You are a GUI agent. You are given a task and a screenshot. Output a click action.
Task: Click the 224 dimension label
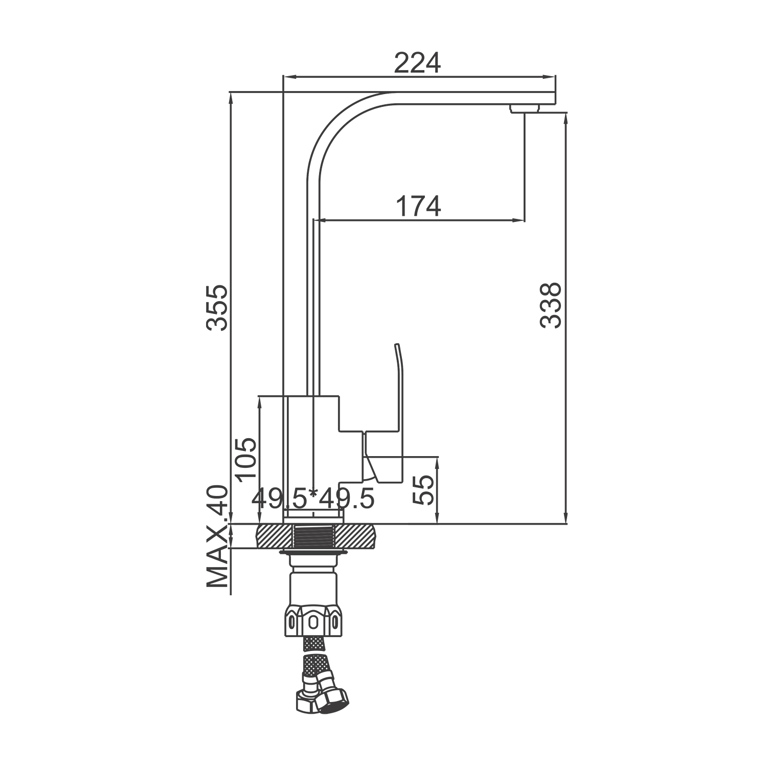[x=417, y=63]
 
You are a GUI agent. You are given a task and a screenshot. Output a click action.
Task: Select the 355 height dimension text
[x=216, y=308]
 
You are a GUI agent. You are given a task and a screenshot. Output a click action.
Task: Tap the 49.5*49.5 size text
[x=313, y=499]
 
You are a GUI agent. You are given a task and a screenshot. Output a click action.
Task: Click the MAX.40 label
[x=217, y=536]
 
